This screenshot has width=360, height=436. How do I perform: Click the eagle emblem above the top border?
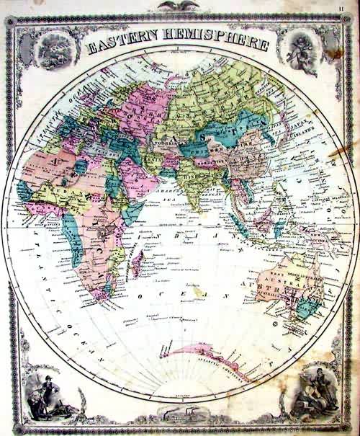(179, 5)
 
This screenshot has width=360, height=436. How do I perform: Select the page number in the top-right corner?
(349, 7)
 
